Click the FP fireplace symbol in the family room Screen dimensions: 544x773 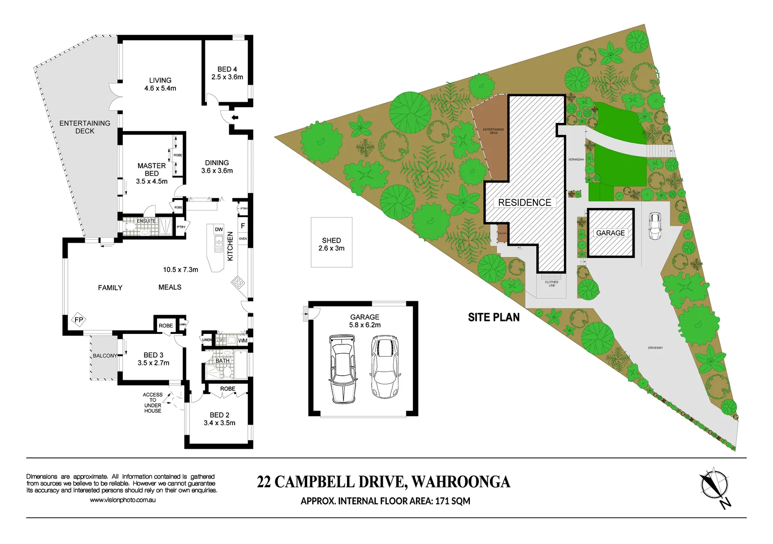(79, 320)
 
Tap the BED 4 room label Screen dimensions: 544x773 (227, 70)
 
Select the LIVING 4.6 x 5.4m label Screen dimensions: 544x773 (160, 84)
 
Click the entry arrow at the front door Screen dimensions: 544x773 (235, 118)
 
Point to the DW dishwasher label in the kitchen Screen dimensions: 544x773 (219, 230)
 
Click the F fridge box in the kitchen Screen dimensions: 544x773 (243, 226)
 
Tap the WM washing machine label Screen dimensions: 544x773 (243, 341)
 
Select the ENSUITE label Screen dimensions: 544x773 (146, 221)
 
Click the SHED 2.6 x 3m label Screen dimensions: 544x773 (331, 244)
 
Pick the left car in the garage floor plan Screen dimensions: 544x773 (342, 369)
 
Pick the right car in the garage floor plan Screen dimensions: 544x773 (385, 366)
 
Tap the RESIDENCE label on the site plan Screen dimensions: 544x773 (524, 202)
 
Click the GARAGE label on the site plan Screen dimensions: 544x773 (610, 233)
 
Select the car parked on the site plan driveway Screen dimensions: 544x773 (654, 226)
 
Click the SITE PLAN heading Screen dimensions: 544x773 (494, 317)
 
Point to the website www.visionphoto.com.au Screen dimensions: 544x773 (122, 500)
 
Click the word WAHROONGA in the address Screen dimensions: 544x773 (461, 482)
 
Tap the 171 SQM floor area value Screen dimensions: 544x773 (452, 501)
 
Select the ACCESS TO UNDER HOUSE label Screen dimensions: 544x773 (153, 402)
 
